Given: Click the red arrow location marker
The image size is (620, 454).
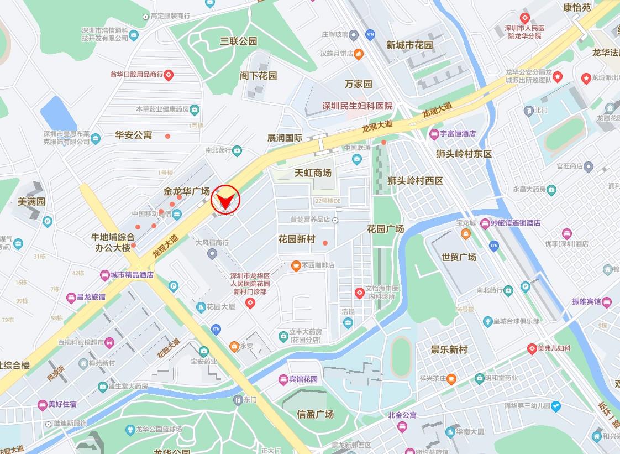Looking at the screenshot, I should [x=225, y=199].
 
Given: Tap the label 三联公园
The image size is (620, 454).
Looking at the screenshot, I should [x=239, y=41].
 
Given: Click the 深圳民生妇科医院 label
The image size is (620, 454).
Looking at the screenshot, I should [x=358, y=106].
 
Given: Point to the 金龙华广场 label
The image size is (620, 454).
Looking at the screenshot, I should [x=187, y=191].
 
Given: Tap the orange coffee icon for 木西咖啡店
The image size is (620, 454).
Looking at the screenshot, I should [x=296, y=265].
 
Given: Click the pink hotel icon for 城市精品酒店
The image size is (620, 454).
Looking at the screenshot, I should [x=104, y=274].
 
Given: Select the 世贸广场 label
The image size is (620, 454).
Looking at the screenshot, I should [x=459, y=257].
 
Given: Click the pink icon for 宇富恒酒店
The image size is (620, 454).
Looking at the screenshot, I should [x=434, y=133].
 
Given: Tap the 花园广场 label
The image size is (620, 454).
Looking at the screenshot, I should [x=385, y=228].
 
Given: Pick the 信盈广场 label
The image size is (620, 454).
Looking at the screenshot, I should [x=315, y=414].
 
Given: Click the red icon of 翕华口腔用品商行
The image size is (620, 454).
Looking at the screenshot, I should [x=169, y=74].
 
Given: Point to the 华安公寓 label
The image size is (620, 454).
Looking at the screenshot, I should [x=133, y=135].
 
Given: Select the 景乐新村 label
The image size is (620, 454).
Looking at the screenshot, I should [x=449, y=349].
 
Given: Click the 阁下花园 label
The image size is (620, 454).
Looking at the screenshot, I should [x=258, y=75].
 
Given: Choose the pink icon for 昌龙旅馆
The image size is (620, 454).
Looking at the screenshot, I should [x=71, y=298].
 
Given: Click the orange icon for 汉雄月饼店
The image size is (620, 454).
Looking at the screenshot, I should [x=359, y=54].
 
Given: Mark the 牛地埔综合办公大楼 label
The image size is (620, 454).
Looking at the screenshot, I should [x=113, y=242].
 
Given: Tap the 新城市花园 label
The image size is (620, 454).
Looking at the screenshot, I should [x=409, y=45].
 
